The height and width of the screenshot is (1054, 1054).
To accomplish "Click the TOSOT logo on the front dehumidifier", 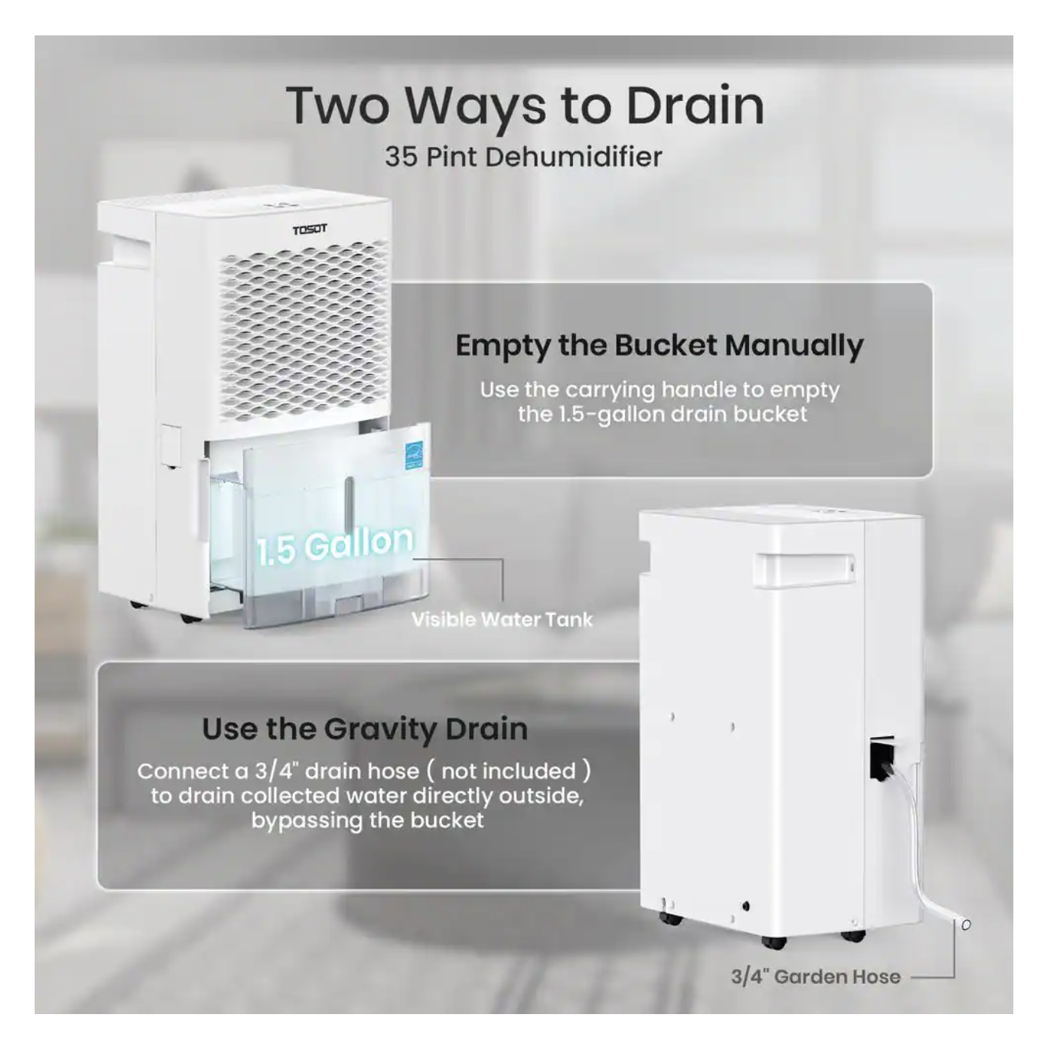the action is tap(309, 229).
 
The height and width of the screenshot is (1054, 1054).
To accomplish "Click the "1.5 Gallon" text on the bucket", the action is tap(335, 545).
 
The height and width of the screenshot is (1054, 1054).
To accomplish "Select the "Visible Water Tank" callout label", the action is tap(502, 620).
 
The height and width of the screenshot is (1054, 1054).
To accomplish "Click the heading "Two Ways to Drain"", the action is tap(525, 105).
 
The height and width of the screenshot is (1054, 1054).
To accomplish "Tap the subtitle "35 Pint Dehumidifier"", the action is tap(523, 157).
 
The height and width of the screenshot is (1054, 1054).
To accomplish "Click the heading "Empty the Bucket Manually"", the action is tap(659, 346).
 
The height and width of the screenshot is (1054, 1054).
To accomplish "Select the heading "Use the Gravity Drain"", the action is tap(365, 729).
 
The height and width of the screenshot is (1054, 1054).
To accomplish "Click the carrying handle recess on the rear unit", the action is tap(804, 569).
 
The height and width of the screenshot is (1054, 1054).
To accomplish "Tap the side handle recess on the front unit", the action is tap(129, 249).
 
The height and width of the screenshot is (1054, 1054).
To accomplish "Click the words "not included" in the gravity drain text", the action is tap(509, 771).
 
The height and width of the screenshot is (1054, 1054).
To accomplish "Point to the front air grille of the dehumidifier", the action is tap(304, 330).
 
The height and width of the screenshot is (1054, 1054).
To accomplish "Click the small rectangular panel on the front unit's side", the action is tap(171, 445).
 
